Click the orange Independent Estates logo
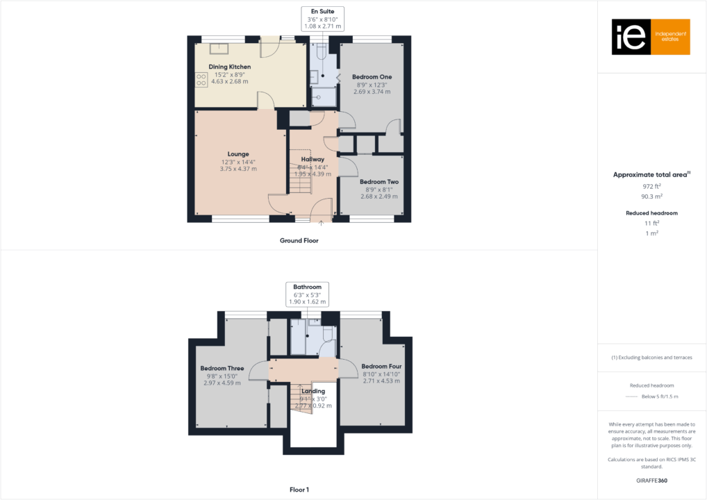(650, 37)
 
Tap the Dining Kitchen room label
(230, 67)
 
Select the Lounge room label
(238, 154)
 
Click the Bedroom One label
(372, 76)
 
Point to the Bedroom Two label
(379, 182)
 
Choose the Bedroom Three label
(222, 368)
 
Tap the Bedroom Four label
(381, 366)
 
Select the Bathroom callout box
(307, 294)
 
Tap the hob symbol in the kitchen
(201, 80)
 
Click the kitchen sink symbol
(220, 48)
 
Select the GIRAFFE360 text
(651, 480)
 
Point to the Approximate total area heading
(651, 175)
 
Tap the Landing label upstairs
(313, 391)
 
